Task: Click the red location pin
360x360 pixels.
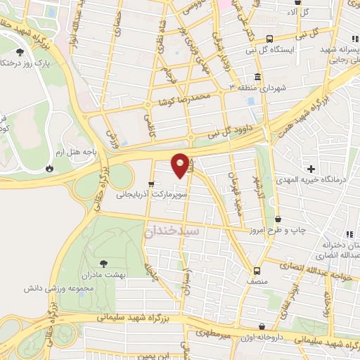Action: (181, 165)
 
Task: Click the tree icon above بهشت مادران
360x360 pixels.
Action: (104, 262)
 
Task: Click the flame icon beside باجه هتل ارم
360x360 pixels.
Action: (49, 168)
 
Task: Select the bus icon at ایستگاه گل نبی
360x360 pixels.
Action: (271, 39)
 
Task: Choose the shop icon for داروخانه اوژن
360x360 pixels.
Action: (262, 327)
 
